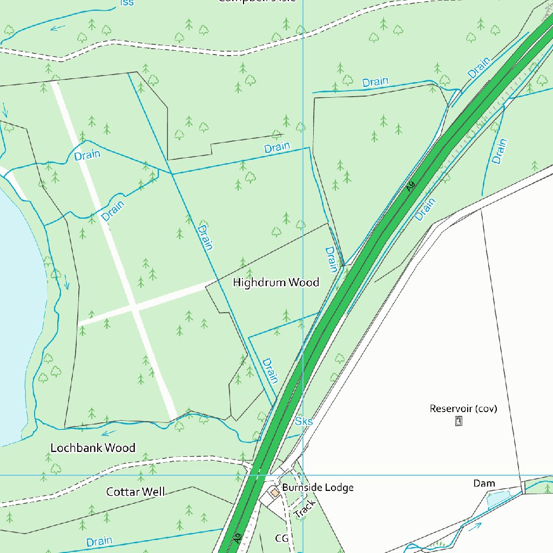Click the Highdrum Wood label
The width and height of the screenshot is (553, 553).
[275, 282]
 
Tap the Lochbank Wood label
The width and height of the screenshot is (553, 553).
[93, 448]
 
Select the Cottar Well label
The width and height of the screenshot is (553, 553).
[136, 491]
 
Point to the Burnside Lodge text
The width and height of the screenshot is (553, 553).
[318, 488]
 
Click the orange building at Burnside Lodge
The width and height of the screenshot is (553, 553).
[275, 492]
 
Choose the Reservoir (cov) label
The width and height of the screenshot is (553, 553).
[463, 408]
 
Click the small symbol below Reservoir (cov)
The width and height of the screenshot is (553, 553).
[458, 421]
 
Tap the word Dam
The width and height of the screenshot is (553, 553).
[484, 483]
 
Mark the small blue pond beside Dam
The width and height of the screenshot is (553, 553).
[497, 499]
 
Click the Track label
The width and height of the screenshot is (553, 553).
[305, 509]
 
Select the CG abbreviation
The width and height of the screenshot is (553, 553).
[281, 538]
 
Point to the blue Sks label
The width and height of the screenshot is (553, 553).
[304, 421]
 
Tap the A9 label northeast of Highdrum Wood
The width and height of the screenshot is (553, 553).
[411, 186]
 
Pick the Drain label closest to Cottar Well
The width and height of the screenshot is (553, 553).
[99, 541]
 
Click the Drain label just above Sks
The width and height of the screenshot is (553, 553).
[270, 370]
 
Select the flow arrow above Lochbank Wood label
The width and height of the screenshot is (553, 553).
[109, 433]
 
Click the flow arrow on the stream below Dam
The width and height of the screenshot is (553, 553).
[475, 527]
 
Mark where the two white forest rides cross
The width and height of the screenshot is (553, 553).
[135, 307]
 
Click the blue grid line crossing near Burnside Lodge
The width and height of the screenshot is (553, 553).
[303, 475]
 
